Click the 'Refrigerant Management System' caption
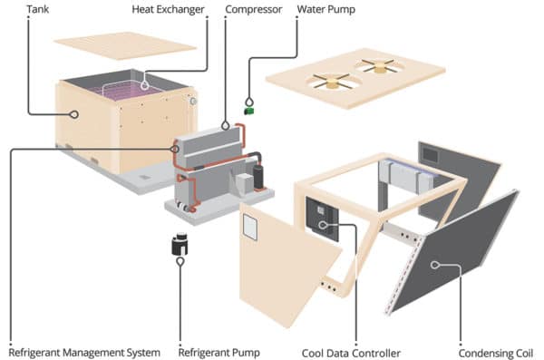coord(84,351)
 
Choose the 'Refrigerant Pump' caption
coord(219,351)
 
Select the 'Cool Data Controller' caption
coord(347,351)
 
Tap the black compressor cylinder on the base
coord(258,175)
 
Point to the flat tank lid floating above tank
coord(125,44)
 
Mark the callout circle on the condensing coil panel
coord(435,265)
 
